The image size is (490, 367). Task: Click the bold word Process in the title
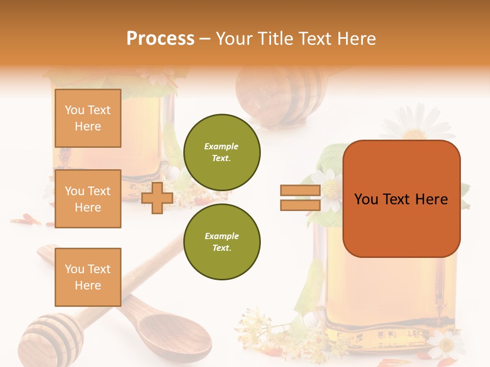click(160, 39)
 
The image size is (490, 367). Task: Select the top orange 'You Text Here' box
click(88, 118)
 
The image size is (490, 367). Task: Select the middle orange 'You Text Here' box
click(88, 199)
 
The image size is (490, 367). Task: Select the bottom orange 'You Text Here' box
click(88, 277)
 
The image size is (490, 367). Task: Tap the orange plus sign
click(157, 198)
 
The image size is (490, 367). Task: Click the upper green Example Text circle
click(222, 152)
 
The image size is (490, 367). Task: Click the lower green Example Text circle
click(222, 242)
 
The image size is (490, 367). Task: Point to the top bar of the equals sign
click(301, 191)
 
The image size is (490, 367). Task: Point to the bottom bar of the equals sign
click(301, 205)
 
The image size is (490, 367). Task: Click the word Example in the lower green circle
click(222, 236)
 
